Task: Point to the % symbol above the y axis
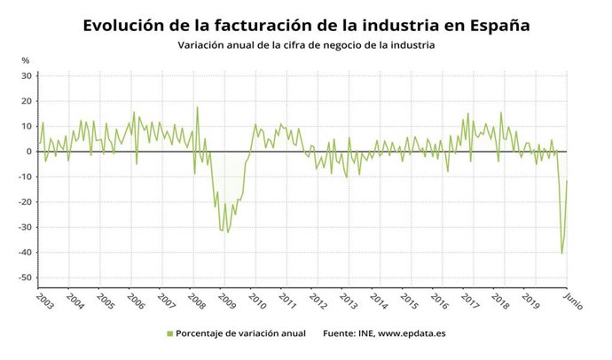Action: [x=25, y=60]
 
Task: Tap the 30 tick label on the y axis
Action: [x=26, y=75]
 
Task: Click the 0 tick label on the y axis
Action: [x=28, y=152]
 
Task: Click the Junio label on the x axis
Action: [x=572, y=299]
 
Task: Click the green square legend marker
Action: [x=169, y=333]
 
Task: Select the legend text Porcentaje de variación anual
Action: [x=240, y=333]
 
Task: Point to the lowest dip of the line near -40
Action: [x=562, y=254]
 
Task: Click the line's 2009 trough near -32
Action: [x=227, y=232]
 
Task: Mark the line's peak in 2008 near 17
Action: [x=197, y=107]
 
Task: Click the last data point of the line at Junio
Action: [x=567, y=181]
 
